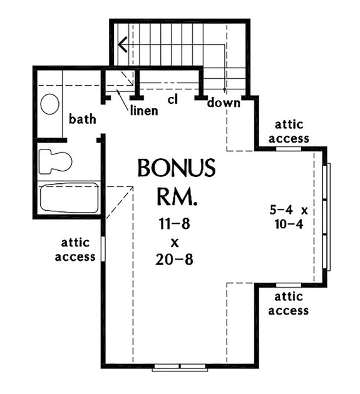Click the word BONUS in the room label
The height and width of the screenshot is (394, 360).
coord(176,168)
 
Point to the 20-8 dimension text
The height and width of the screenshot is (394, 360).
coord(175,258)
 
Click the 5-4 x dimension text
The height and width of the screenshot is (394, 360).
coord(287,210)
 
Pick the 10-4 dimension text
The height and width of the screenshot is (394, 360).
coord(288,223)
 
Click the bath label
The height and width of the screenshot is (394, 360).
coord(82,118)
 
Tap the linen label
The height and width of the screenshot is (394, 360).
coord(143,111)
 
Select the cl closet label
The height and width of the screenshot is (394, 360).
coord(173,99)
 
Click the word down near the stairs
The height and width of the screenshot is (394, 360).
coord(224,103)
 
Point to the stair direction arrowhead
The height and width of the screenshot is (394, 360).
coord(123,44)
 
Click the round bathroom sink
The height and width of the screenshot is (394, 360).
coord(50,104)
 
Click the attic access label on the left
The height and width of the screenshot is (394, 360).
coord(75,249)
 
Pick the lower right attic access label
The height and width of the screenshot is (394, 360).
coord(289,304)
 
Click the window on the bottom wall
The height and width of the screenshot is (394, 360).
coord(180,366)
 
